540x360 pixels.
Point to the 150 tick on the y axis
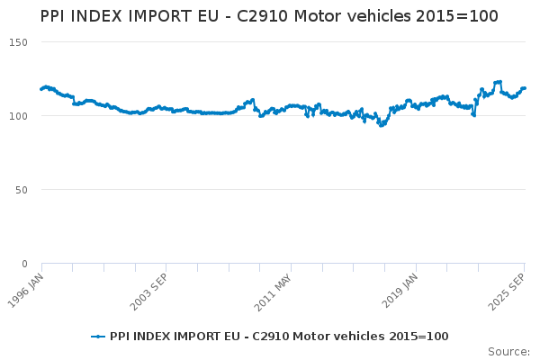pos(19,42)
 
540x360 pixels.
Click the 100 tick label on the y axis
pos(19,116)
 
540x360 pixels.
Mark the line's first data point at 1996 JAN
pos(41,88)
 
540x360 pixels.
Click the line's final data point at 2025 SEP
pos(525,88)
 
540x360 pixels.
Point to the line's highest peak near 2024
pos(498,82)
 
